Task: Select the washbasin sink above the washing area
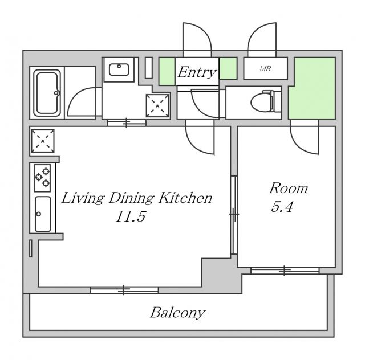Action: coord(120,70)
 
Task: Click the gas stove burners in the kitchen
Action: coord(43,177)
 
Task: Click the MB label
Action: coord(265,69)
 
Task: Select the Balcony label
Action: coord(177,313)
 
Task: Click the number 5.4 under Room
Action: coord(282,207)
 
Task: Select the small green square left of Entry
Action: coord(166,69)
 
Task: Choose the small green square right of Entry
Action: coord(228,68)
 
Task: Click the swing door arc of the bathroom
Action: coord(80,103)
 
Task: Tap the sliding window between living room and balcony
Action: coord(124,290)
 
